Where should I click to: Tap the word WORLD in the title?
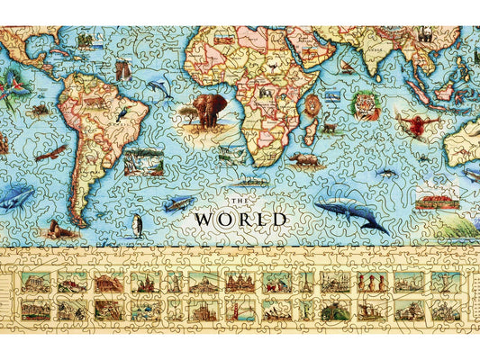pyautogui.click(x=241, y=219)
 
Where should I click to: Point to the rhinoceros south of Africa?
pyautogui.click(x=301, y=163)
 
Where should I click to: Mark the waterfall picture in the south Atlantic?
pyautogui.click(x=144, y=163)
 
